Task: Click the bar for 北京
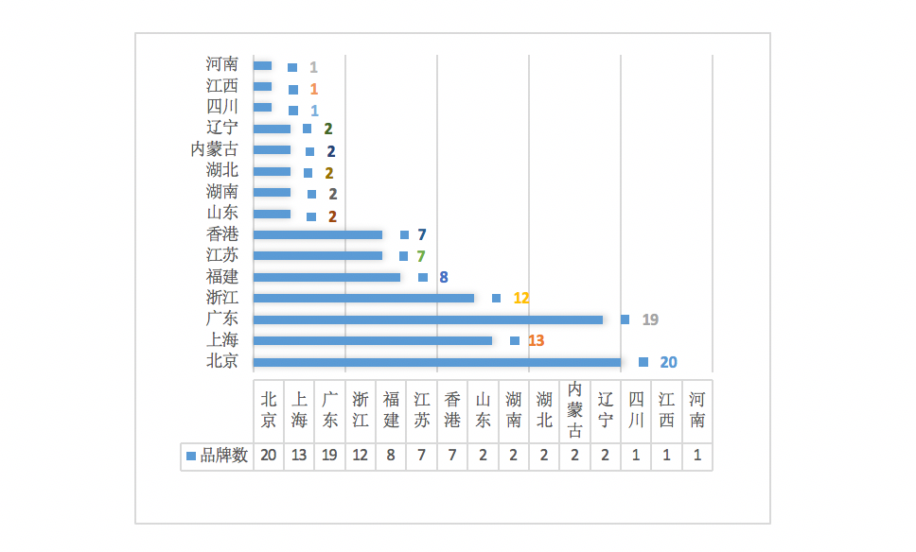tap(437, 362)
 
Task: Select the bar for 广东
tap(428, 319)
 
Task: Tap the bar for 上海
tap(373, 340)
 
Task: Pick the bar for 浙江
tap(364, 298)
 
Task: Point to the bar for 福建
tap(327, 277)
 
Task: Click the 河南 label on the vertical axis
tap(222, 64)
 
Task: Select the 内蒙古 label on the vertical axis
tap(214, 149)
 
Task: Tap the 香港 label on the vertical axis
tap(222, 234)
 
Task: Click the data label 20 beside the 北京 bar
tap(668, 362)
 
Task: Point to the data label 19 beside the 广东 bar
tap(650, 319)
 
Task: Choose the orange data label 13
tap(536, 340)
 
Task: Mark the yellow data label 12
tap(521, 298)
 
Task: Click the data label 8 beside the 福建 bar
tap(443, 277)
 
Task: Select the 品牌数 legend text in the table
tap(224, 456)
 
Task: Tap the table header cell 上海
tap(299, 409)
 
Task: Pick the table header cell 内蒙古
tap(575, 409)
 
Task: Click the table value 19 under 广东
tap(330, 456)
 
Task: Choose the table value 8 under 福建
tap(392, 456)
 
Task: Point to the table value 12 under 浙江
tap(361, 456)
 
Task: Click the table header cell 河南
tap(697, 409)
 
